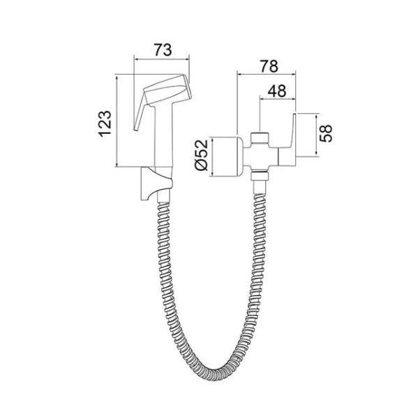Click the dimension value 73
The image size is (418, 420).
coord(163,50)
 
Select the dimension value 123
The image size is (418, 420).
coord(105,123)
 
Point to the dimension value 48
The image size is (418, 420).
coord(277,91)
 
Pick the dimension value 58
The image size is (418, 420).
coord(326,133)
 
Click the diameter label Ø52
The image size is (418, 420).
coord(202,155)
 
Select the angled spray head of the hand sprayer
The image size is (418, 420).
coord(168,90)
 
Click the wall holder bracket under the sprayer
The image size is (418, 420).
coord(156,184)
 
